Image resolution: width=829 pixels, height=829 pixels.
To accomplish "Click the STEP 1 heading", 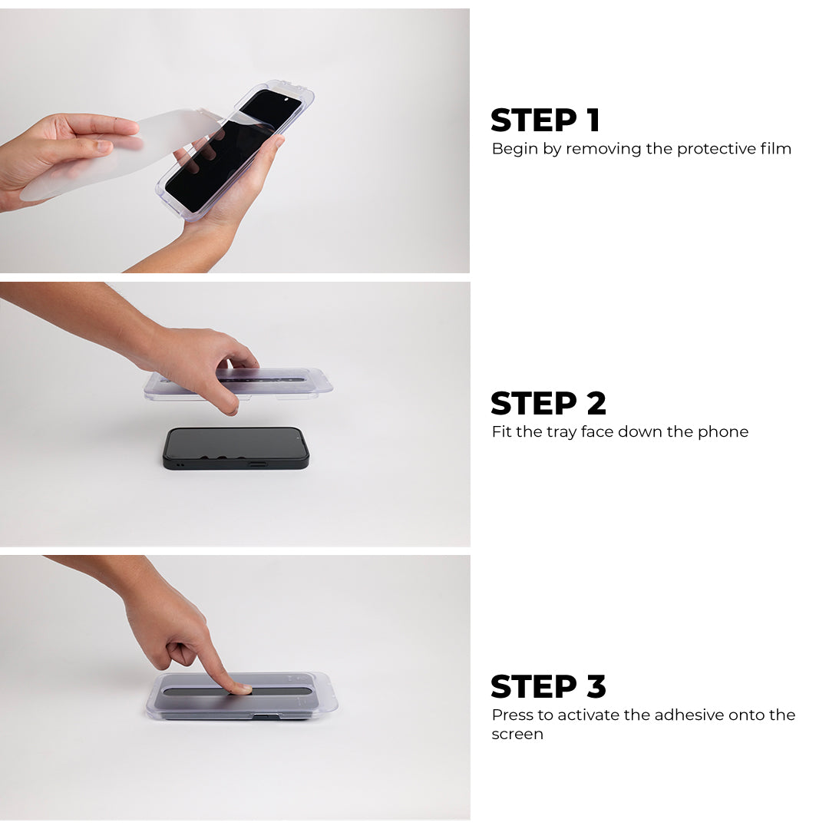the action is pos(545,121).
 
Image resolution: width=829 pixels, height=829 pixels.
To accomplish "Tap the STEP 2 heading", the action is pos(548,404).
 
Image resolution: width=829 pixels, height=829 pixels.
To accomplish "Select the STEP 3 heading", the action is pos(548,686).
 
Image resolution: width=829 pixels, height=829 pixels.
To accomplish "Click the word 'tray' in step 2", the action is pos(561,432).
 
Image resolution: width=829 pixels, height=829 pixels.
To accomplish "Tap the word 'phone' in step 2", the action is pos(723,432).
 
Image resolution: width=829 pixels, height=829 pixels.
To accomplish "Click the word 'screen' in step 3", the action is pos(517,735).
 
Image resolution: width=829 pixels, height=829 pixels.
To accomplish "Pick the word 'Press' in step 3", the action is pos(512,715).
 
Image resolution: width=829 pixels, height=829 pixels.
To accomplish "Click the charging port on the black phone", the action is pos(257,464).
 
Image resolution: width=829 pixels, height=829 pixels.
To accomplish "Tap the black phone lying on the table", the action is pos(236,448).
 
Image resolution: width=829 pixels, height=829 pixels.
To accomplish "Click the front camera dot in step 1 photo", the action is pos(286,99).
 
